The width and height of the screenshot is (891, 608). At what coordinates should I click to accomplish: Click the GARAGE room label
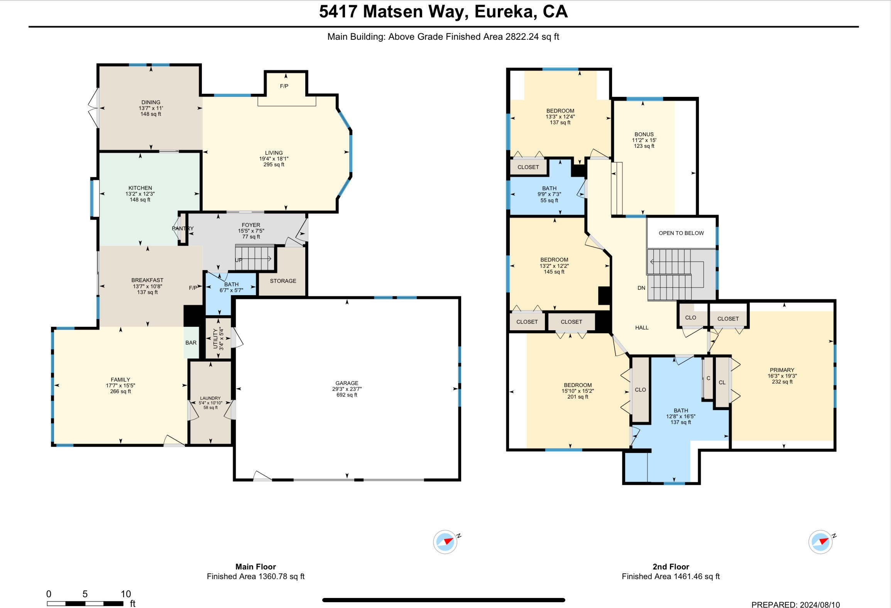click(347, 383)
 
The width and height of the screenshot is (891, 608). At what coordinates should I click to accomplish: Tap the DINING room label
click(150, 102)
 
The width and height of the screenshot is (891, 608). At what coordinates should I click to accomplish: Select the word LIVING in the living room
click(274, 153)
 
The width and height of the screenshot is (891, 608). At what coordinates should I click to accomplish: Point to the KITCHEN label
click(140, 188)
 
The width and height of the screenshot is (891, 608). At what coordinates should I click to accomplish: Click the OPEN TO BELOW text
click(681, 233)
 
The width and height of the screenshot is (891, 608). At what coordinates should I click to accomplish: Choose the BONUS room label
click(644, 134)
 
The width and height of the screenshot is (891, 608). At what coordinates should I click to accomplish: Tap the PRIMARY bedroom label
click(782, 370)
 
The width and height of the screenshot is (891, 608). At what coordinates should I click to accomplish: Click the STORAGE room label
click(283, 281)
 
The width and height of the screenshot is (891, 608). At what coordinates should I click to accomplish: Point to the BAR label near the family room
click(191, 343)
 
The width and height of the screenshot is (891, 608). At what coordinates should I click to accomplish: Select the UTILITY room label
click(216, 338)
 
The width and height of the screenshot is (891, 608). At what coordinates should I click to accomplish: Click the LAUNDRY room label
click(210, 398)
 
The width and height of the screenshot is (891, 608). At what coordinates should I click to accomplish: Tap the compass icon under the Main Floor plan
click(446, 542)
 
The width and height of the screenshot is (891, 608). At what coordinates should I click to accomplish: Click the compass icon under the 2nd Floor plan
click(821, 542)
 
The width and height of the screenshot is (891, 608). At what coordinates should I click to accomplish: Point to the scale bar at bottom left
click(85, 603)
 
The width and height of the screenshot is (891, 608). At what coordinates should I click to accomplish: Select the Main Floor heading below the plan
click(255, 567)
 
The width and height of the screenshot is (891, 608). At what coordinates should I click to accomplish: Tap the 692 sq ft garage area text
click(347, 395)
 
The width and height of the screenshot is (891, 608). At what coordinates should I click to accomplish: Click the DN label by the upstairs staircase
click(641, 288)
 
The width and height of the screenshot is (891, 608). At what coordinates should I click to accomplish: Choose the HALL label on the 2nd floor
click(642, 328)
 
